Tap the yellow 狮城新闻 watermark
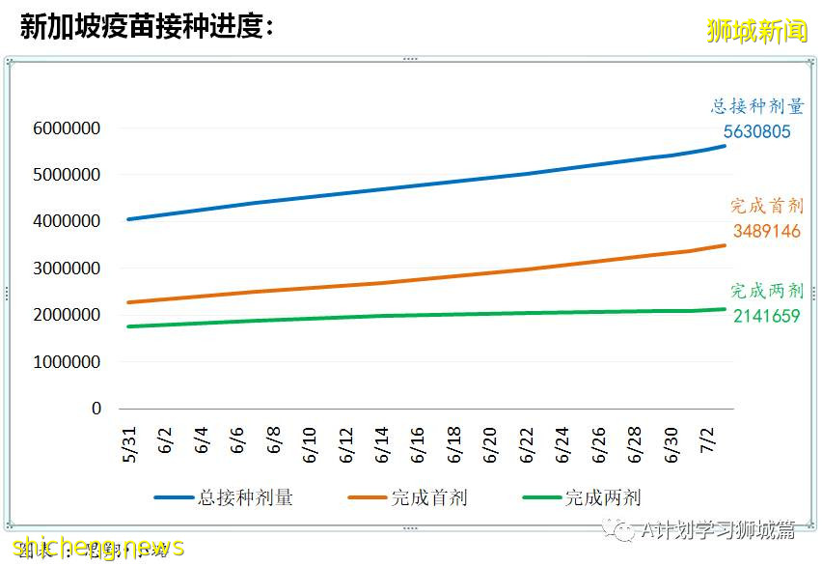(756, 31)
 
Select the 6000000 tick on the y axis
(68, 128)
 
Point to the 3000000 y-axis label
(68, 269)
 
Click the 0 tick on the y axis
(96, 409)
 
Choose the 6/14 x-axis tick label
(382, 442)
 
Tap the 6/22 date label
(527, 442)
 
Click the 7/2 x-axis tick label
(707, 439)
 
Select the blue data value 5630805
(757, 131)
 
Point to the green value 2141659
(765, 315)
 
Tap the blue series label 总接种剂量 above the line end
(757, 107)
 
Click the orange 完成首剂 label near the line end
(766, 206)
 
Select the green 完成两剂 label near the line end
(766, 291)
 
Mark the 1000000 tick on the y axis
(68, 362)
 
